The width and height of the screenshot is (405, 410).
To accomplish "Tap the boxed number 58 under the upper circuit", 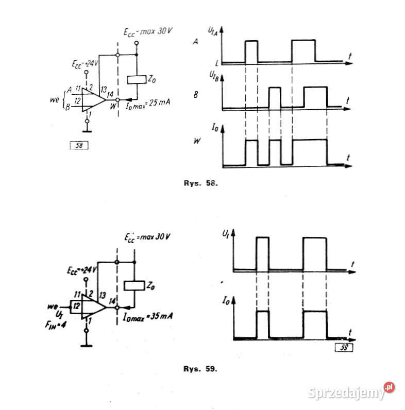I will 79,145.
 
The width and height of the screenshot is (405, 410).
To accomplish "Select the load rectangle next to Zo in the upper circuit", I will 137,80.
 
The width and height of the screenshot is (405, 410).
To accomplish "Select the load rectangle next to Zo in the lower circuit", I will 134,286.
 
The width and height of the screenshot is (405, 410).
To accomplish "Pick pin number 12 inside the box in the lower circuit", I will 76,306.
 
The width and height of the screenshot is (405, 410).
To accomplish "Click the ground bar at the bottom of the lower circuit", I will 86,347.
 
